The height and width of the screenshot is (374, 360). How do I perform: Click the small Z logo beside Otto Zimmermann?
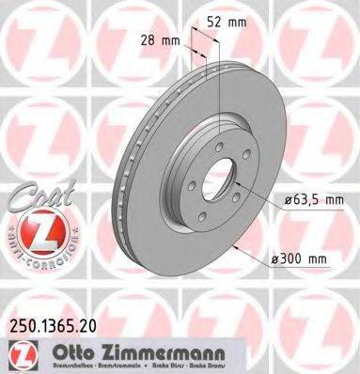21,352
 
